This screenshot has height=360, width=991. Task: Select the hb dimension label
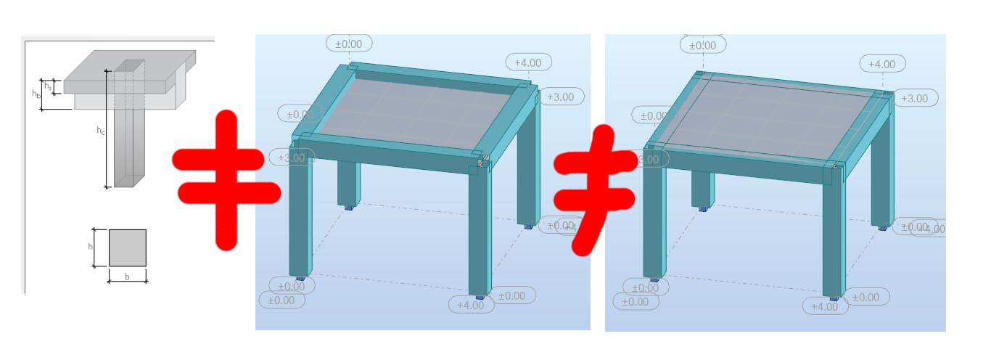pos(35,94)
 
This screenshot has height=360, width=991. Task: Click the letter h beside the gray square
pos(91,247)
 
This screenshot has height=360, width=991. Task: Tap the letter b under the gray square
pos(127,277)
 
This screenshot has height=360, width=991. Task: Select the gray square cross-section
pos(128,247)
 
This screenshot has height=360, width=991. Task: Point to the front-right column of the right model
pos(832,232)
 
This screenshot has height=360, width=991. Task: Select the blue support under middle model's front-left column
pos(299,279)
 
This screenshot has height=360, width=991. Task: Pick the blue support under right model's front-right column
pos(834,298)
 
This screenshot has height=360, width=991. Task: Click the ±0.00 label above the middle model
pos(349,44)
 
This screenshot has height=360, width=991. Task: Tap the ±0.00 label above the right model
pos(703,45)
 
